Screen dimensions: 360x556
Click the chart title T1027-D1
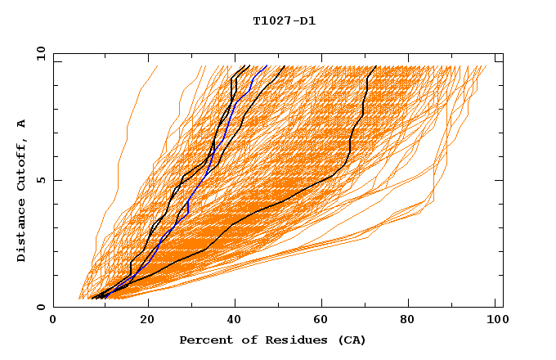pos(284,20)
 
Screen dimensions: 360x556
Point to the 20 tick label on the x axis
pos(147,320)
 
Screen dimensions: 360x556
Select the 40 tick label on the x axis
pos(236,320)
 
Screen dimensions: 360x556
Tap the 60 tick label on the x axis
pos(325,320)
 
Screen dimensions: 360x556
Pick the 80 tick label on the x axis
pos(414,320)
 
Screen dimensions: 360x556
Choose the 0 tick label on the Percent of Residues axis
pos(54,320)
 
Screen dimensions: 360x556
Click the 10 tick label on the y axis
pos(39,52)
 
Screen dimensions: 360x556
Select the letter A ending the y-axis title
pos(21,123)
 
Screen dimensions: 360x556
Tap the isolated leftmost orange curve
pos(123,147)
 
